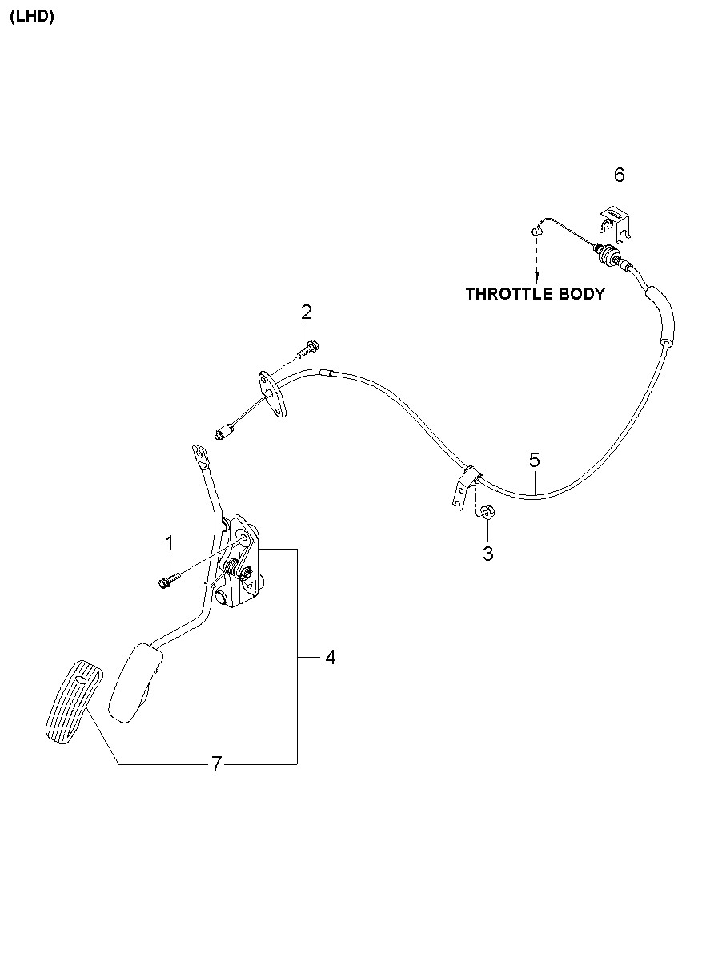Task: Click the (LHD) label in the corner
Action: click(32, 18)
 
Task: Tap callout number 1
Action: click(169, 543)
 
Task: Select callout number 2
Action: click(307, 312)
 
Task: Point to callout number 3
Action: click(488, 553)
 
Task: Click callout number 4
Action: click(330, 657)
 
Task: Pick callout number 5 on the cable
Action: click(535, 460)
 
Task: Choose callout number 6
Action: click(619, 174)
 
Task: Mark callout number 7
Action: click(216, 764)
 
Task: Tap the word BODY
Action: click(582, 294)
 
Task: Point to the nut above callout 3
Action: click(485, 510)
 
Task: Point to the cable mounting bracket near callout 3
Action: click(462, 489)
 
